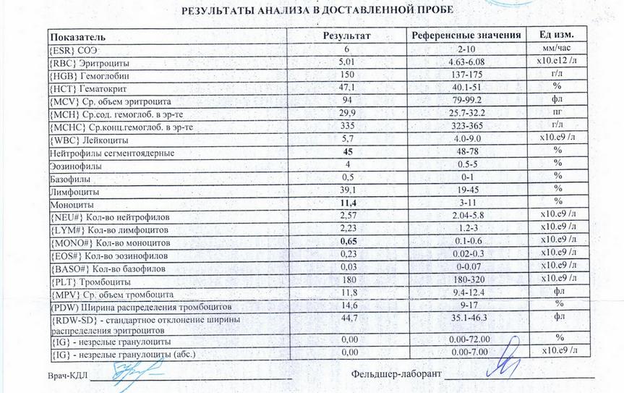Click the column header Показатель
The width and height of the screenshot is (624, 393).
[78, 36]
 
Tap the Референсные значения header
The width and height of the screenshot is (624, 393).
[466, 35]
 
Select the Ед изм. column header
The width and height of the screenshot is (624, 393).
[555, 35]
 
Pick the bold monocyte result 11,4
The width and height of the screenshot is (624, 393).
[351, 203]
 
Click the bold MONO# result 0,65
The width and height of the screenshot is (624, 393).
[349, 241]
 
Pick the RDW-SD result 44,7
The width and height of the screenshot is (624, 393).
[349, 317]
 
